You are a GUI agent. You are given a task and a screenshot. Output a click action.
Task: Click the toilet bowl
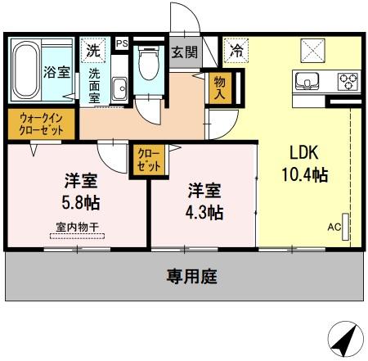[148, 65]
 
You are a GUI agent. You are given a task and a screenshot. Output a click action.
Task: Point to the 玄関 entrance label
[184, 52]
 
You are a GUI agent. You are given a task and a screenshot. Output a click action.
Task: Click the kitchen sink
[309, 81]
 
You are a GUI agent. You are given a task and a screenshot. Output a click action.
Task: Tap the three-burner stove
[347, 81]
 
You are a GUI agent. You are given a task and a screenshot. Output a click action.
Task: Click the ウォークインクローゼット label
[41, 124]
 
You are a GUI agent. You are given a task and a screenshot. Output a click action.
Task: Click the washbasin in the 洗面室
[119, 87]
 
